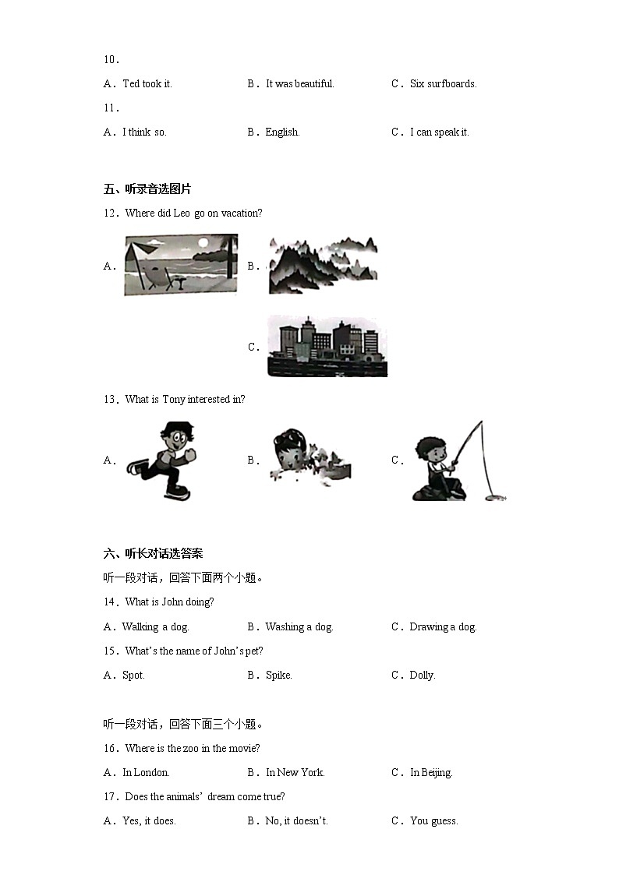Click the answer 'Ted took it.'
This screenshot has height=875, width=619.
click(x=147, y=83)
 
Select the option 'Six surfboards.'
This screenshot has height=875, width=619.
click(x=443, y=83)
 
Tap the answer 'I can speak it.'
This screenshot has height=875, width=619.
click(x=439, y=132)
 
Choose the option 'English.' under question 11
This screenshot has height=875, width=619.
click(x=282, y=132)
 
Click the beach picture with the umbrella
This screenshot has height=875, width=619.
click(x=181, y=265)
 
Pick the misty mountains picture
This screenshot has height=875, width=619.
click(x=323, y=265)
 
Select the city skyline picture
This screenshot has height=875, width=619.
click(x=327, y=347)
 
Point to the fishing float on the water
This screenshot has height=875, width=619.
click(x=494, y=495)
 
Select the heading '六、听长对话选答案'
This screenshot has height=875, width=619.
click(x=153, y=553)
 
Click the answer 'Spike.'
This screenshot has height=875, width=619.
click(x=278, y=675)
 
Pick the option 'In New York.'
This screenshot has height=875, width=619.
click(x=295, y=772)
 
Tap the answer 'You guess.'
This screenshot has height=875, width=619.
click(x=433, y=820)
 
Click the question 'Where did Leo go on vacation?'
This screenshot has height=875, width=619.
click(x=193, y=213)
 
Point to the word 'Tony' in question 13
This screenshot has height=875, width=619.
click(x=173, y=399)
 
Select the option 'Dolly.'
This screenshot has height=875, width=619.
click(x=422, y=675)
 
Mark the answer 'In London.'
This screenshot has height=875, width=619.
click(x=146, y=772)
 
